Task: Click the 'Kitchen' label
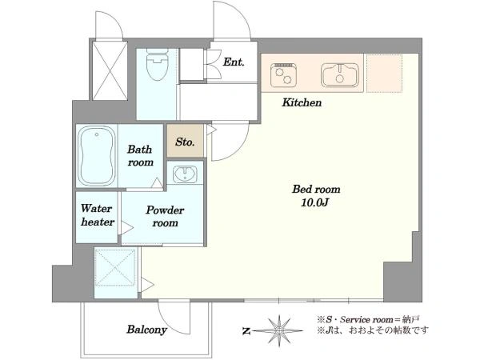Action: [x=302, y=103]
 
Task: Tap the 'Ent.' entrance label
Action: [x=234, y=62]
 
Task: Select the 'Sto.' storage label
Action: [x=185, y=142]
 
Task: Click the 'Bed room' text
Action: [x=316, y=190]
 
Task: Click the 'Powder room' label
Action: [x=165, y=217]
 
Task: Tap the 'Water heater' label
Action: [x=97, y=216]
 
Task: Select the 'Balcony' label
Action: [x=146, y=330]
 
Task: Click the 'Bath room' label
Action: [x=140, y=155]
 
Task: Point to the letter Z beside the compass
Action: [x=246, y=330]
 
